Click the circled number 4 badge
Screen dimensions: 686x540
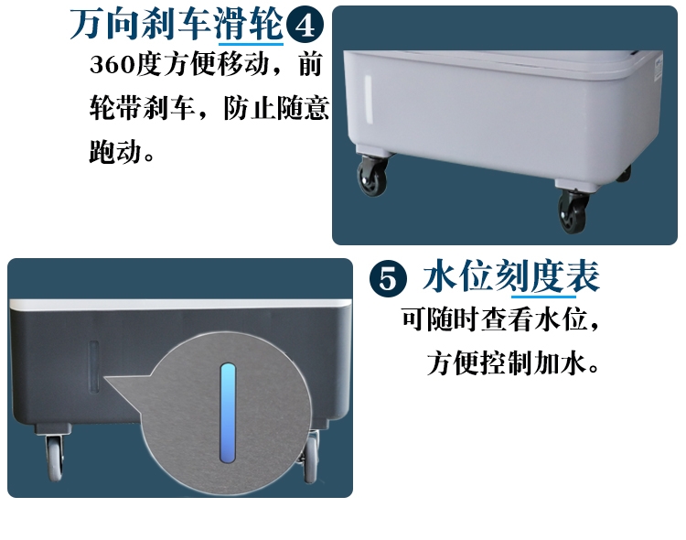click(x=305, y=25)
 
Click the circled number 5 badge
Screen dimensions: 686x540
click(x=388, y=279)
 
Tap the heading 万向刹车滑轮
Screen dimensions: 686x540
click(x=177, y=25)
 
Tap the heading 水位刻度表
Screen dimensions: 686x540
click(x=511, y=276)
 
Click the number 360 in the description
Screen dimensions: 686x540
click(x=112, y=65)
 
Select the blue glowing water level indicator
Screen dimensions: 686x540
click(x=228, y=413)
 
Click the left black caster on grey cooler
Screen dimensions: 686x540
click(x=372, y=175)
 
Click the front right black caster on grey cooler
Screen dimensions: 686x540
click(x=573, y=211)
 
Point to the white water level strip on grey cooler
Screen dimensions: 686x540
click(x=368, y=100)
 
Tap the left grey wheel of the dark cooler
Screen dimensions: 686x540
click(x=55, y=458)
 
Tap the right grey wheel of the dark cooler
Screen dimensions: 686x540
click(x=310, y=456)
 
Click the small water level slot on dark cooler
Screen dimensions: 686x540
click(x=93, y=367)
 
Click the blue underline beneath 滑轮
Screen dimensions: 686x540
click(x=252, y=44)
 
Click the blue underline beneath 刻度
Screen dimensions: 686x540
click(x=544, y=296)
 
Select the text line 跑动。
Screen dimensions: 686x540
click(x=122, y=152)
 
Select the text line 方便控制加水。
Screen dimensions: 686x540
click(x=513, y=363)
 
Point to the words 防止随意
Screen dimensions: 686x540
click(x=276, y=108)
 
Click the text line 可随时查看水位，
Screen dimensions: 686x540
click(x=500, y=319)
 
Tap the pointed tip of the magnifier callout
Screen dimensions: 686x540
click(x=105, y=377)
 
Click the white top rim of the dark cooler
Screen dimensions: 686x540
click(x=180, y=304)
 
